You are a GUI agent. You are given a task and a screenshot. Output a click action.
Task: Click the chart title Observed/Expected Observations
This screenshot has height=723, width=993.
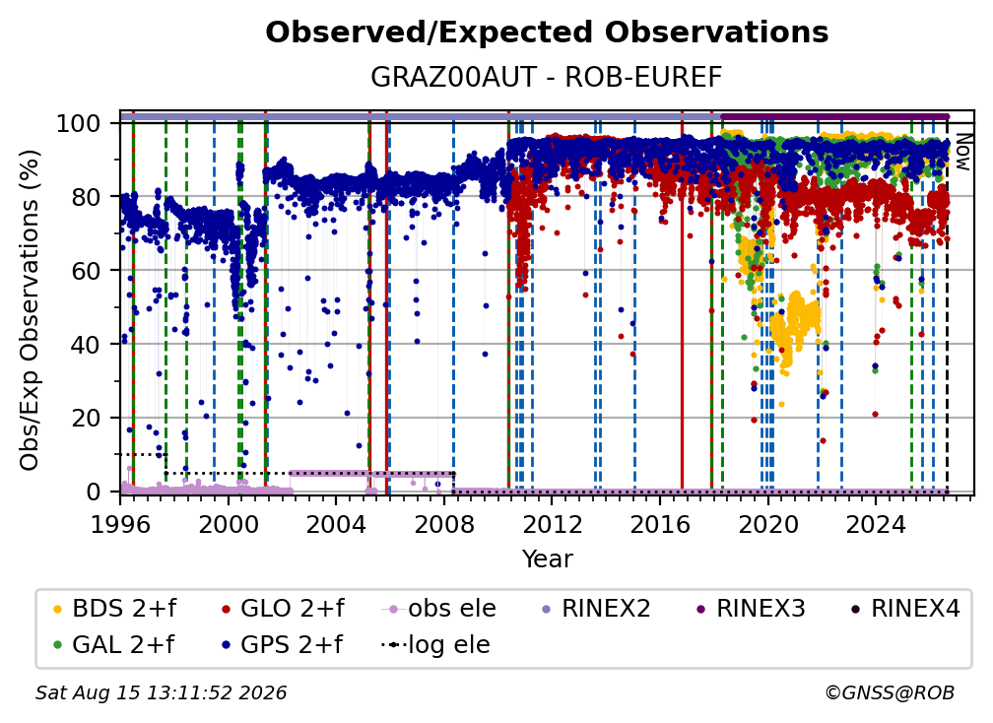(547, 33)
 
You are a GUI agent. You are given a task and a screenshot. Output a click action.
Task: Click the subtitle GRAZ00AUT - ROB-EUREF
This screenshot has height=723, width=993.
(547, 77)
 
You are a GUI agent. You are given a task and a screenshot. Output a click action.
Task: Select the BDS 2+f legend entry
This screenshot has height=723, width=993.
(114, 609)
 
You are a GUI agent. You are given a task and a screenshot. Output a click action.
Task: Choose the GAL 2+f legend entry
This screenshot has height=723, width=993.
(113, 645)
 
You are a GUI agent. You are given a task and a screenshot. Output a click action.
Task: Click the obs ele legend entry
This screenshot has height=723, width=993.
(439, 609)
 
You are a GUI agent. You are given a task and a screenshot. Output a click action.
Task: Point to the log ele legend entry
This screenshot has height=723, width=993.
(435, 645)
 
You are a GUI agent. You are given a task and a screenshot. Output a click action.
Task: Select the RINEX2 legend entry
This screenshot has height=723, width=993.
(596, 609)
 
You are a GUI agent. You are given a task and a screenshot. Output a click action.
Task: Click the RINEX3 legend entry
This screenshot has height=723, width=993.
(751, 609)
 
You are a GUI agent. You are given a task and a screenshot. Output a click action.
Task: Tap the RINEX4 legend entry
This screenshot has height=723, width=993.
(905, 609)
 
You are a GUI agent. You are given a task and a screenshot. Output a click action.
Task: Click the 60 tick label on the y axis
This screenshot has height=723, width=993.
(86, 270)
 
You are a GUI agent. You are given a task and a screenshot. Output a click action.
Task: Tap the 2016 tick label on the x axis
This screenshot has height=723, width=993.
(660, 525)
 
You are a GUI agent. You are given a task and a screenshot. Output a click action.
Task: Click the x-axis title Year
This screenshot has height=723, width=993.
(547, 559)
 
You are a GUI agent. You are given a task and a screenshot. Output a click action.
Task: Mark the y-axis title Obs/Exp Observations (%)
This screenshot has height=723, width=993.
(30, 309)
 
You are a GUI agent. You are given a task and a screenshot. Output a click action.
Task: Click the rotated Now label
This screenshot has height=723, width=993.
(962, 153)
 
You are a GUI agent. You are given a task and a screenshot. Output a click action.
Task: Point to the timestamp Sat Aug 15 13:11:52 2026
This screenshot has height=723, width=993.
(161, 692)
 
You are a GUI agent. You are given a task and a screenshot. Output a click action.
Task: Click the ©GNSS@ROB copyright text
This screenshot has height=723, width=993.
(890, 692)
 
